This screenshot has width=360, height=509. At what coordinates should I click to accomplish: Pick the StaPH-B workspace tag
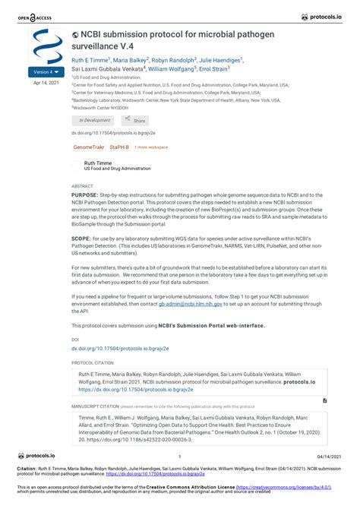tap(119, 147)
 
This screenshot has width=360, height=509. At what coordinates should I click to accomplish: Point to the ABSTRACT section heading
tap(82, 186)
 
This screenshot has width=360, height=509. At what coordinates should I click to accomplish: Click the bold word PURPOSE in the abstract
tap(84, 195)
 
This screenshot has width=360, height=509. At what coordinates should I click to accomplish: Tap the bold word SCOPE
tap(81, 238)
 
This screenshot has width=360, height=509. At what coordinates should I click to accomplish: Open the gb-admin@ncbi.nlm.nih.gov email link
tap(191, 303)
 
